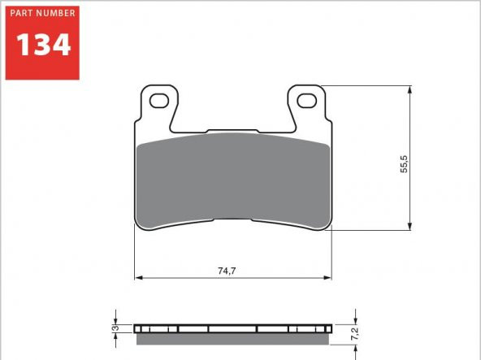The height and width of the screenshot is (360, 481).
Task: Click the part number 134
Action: (x=44, y=45)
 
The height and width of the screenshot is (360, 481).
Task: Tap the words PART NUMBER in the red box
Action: (x=42, y=13)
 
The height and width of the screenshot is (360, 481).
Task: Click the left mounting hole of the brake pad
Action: (x=159, y=101)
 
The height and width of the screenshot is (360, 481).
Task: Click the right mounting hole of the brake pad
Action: (x=307, y=101)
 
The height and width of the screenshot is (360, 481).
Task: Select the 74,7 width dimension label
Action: (x=227, y=271)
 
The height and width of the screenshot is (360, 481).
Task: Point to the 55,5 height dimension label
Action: (x=404, y=164)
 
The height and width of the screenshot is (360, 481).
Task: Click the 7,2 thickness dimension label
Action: (x=354, y=333)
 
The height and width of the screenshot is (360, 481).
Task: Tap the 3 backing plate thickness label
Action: (x=115, y=327)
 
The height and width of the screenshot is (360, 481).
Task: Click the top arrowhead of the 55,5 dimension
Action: (x=409, y=89)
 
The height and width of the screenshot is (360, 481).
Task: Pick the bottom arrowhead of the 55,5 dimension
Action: (x=409, y=226)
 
